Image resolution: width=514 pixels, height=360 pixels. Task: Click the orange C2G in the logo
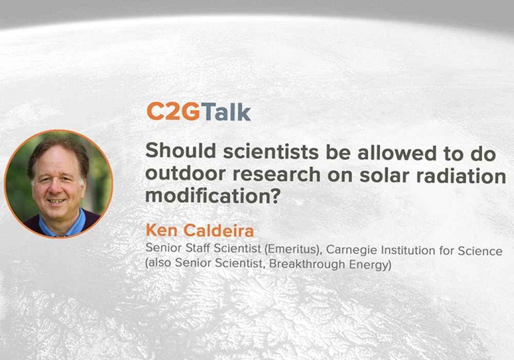(173, 111)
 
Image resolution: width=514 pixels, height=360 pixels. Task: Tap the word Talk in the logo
(226, 111)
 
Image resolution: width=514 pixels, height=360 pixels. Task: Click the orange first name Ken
(161, 230)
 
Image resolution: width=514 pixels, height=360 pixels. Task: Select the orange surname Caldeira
(218, 231)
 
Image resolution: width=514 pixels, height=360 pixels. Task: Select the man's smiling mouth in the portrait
(57, 201)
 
